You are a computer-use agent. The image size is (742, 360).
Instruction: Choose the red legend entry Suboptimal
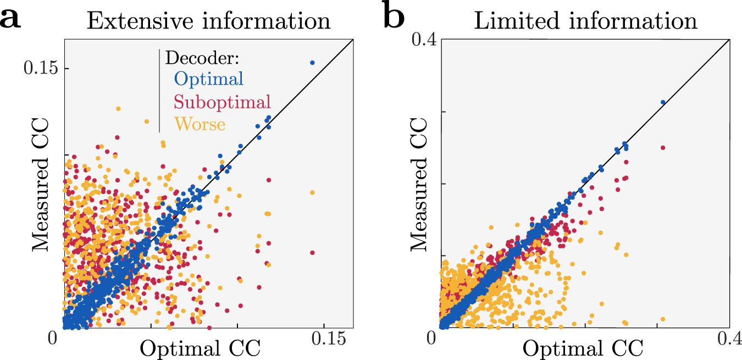(x=223, y=102)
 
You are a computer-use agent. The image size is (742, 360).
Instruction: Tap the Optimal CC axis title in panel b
(x=583, y=348)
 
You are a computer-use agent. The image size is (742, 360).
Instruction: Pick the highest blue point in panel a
(x=312, y=63)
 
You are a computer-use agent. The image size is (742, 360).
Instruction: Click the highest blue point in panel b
(x=663, y=102)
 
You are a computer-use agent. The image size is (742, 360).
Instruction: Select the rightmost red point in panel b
(x=663, y=148)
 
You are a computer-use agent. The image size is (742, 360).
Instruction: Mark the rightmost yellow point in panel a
(x=312, y=192)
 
